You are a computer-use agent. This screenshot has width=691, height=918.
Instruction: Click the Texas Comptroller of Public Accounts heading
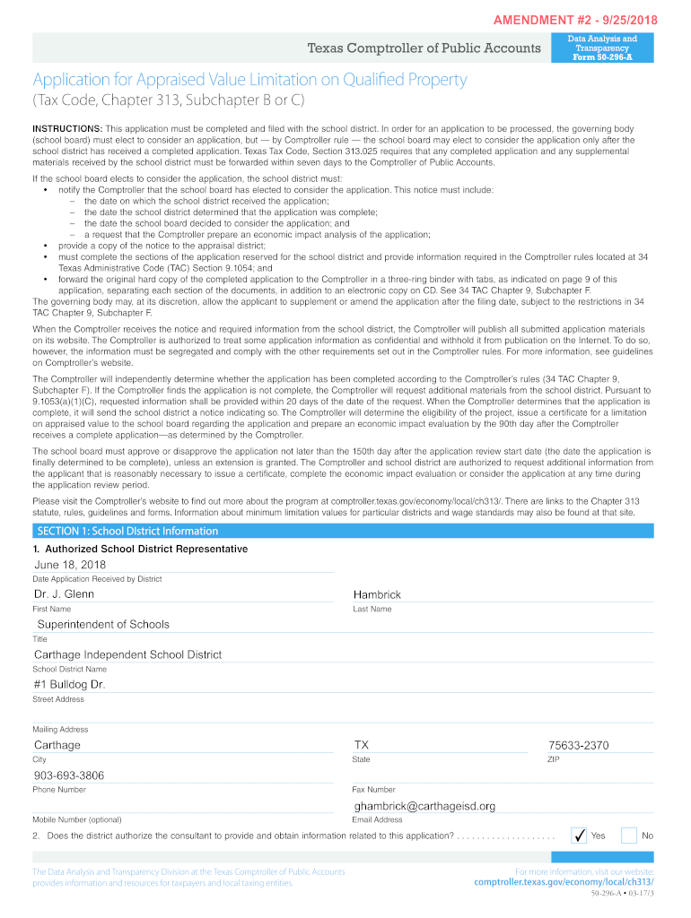coord(424,48)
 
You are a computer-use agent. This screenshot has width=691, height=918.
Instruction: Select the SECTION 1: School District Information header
coord(127,531)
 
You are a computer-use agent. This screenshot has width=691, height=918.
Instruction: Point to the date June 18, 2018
coord(70,565)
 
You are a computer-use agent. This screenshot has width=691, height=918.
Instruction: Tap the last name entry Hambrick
coord(377,594)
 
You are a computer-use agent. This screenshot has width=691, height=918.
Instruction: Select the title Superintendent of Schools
coord(102,624)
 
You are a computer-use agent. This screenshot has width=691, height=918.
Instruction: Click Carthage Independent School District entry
coord(127,654)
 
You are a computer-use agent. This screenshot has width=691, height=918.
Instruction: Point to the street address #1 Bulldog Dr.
coord(70,684)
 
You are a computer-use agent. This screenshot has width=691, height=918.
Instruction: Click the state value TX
coord(362,745)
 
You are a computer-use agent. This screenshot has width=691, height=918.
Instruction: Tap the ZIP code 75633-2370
coord(578,745)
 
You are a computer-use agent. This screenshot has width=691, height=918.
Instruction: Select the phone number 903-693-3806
coord(69,775)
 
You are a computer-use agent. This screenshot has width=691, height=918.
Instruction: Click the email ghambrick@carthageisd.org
coord(424,806)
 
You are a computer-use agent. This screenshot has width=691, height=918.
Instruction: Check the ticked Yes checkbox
coord(580,836)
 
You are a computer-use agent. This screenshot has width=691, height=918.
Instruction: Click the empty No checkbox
coord(629,836)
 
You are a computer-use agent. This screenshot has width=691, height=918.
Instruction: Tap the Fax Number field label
coord(373,790)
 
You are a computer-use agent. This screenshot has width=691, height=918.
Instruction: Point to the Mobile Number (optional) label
coord(77,819)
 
